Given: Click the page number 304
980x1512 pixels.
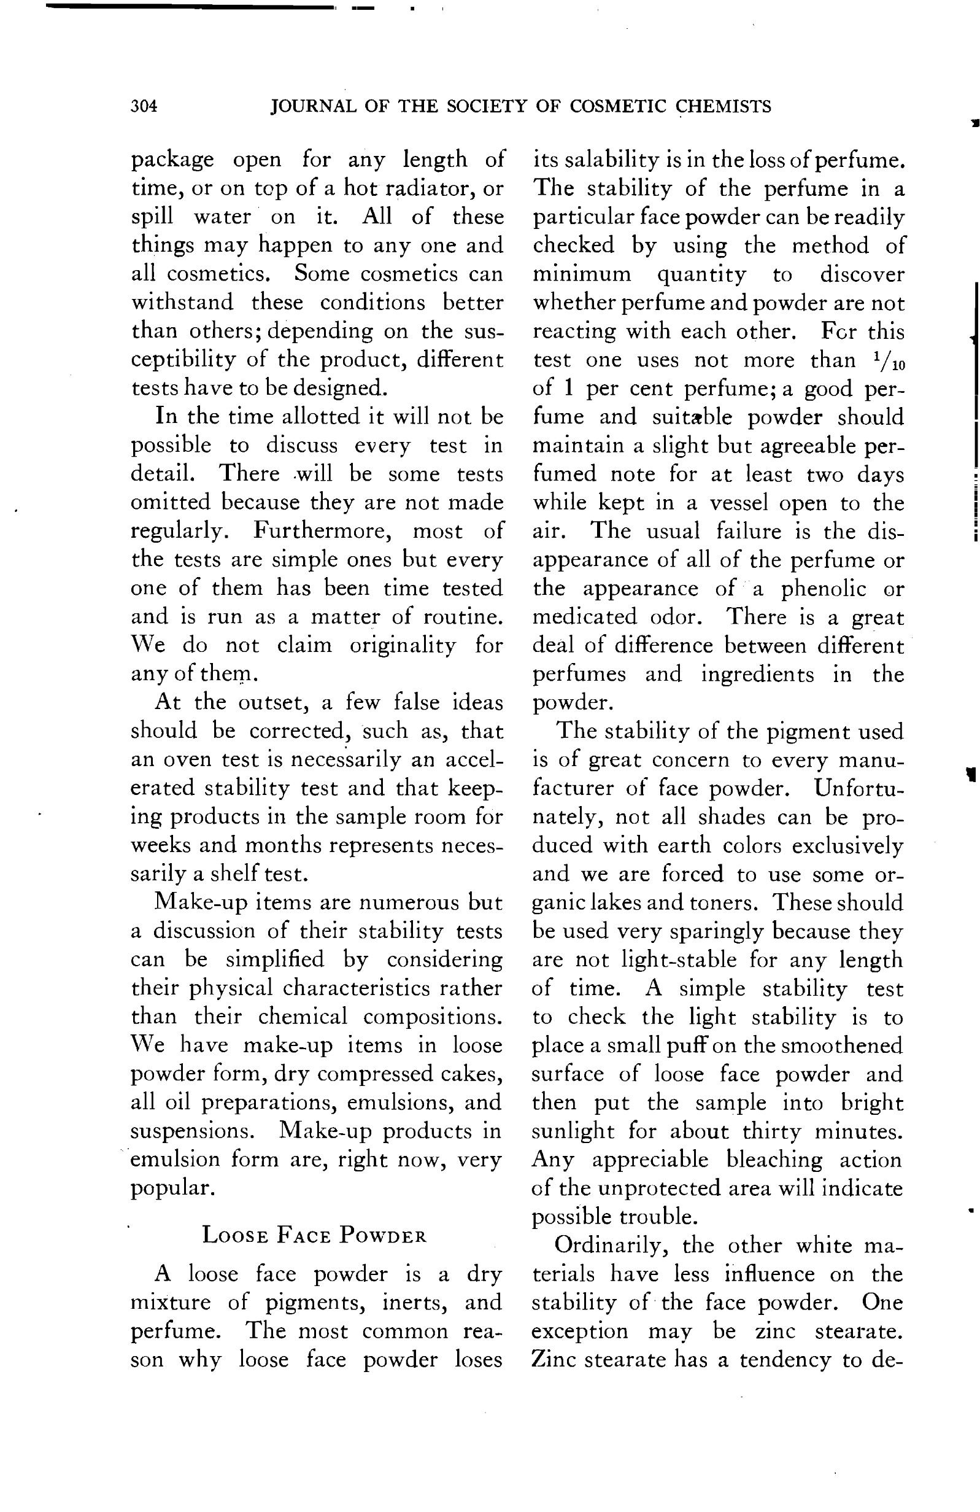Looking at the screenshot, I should pos(144,106).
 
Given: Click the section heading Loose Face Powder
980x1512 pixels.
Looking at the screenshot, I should pos(314,1235).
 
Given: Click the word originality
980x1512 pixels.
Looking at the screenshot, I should pos(403,645).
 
